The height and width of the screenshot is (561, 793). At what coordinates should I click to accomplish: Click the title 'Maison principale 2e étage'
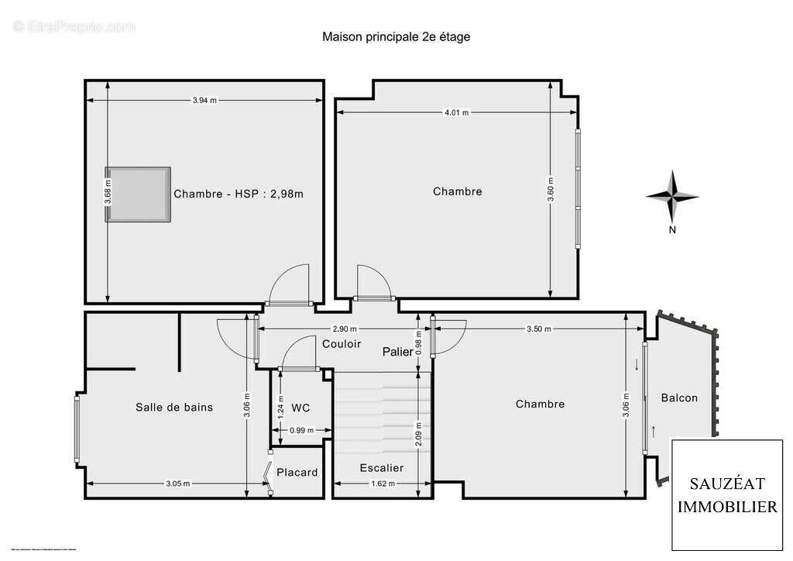click(396, 36)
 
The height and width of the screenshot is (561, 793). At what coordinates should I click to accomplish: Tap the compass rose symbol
click(672, 197)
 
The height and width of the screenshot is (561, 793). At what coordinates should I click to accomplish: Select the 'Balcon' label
click(679, 398)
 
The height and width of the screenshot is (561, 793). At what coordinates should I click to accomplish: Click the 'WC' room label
click(300, 408)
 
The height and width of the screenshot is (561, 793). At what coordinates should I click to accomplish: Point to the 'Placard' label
click(297, 472)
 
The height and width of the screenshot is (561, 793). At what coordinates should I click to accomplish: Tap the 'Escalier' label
click(382, 468)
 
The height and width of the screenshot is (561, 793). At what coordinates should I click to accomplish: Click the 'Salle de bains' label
click(174, 407)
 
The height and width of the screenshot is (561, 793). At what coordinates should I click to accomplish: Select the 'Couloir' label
click(342, 344)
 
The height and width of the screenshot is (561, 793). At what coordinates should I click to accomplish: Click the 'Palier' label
click(398, 352)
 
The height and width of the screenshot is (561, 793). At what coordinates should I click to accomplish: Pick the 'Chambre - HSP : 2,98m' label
click(239, 194)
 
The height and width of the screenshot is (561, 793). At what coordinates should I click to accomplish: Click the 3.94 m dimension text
click(204, 99)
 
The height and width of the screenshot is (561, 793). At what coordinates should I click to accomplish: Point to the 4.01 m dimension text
click(456, 112)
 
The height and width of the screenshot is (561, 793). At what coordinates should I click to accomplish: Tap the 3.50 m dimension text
click(538, 329)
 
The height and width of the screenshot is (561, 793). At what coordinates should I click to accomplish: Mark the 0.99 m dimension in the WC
click(300, 430)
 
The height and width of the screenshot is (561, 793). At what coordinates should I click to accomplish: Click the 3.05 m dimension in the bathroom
click(177, 484)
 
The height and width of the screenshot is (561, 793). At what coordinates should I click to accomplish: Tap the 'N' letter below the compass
click(673, 229)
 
